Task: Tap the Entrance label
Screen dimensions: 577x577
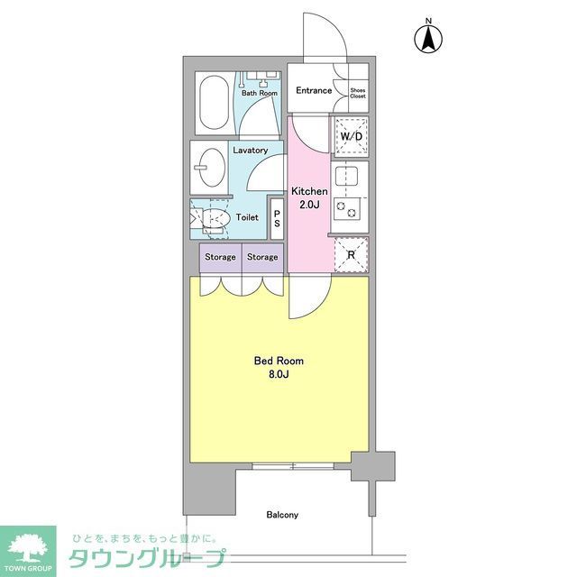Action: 314,90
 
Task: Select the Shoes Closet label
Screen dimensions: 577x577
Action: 357,91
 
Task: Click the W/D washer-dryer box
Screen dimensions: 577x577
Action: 350,136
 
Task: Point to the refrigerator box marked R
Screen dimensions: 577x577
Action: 350,254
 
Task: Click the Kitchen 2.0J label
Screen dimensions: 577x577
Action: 308,197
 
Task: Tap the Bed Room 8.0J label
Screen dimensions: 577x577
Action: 278,367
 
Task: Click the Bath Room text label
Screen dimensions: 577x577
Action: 259,93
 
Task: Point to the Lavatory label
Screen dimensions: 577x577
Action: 249,151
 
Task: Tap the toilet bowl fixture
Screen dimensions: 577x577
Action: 213,217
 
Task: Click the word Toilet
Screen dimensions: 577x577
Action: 247,217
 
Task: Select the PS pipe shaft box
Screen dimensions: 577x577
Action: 277,219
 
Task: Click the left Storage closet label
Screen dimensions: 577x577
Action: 220,257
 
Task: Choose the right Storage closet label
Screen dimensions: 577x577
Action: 262,257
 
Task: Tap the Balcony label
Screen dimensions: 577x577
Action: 281,515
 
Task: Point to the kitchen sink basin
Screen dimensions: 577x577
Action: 350,175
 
